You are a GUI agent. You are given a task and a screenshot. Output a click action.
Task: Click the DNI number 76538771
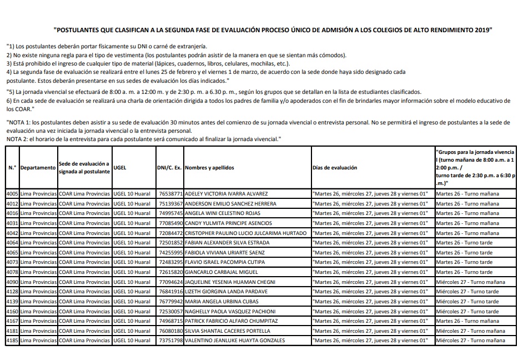pos(170,194)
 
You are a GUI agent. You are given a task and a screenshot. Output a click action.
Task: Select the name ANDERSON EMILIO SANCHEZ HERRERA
pos(230,203)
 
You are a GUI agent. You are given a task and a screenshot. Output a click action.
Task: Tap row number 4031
pos(12,223)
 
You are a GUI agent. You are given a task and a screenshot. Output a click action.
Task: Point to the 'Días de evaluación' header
pos(335,167)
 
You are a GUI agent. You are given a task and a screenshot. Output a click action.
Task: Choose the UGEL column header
pos(120,167)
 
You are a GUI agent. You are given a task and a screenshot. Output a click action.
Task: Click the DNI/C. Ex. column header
pos(169,167)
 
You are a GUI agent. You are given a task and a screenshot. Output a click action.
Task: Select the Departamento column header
pos(38,167)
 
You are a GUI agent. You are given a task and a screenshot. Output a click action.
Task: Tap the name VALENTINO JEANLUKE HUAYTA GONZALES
pos(235,340)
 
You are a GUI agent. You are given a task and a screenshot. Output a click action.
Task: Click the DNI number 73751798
pos(170,340)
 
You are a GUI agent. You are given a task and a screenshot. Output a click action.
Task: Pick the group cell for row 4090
pos(471,282)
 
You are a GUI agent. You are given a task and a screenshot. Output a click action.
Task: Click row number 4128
pos(12,291)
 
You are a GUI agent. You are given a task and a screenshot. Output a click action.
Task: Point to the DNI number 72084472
pos(170,233)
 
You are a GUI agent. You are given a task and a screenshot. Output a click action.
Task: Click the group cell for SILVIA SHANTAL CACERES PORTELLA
pos(467,331)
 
